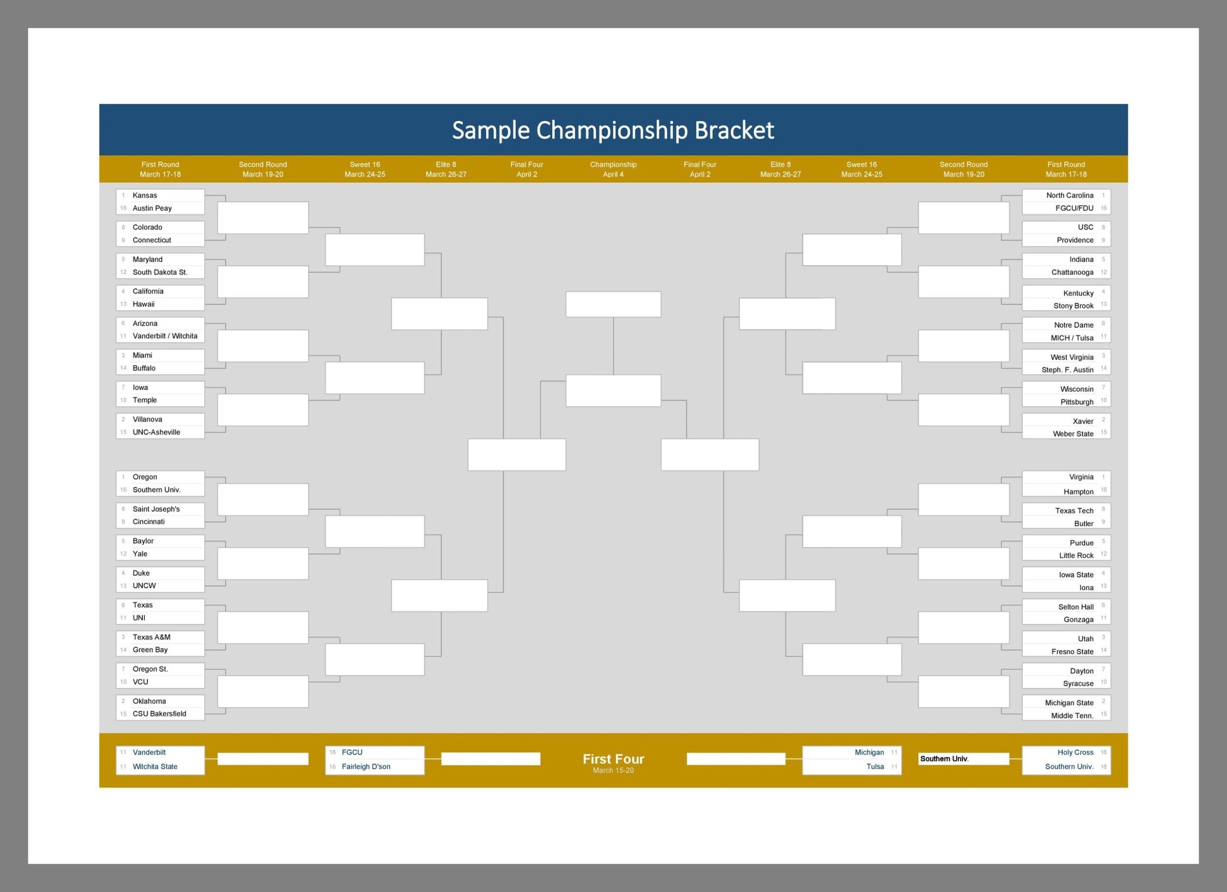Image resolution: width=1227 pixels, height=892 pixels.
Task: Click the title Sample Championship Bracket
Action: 613,130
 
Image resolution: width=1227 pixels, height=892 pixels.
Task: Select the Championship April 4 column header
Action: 613,169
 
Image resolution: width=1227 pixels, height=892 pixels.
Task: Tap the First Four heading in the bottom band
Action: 613,758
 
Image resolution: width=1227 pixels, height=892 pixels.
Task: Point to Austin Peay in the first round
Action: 152,208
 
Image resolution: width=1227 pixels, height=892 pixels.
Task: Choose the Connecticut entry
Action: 151,240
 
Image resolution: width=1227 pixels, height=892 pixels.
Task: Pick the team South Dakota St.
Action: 160,272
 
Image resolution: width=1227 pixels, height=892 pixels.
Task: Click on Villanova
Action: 147,419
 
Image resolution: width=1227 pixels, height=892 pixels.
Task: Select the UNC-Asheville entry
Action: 156,432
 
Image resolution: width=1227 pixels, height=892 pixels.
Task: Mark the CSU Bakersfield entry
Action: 159,714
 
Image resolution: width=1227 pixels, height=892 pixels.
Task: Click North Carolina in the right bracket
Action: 1070,195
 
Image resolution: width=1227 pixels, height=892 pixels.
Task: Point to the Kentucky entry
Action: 1078,293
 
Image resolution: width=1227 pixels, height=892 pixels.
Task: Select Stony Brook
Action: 1073,306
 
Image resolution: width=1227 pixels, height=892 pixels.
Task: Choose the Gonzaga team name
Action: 1078,619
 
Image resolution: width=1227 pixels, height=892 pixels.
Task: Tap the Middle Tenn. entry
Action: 1072,716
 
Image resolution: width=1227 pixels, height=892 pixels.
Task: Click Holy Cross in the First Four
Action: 1076,752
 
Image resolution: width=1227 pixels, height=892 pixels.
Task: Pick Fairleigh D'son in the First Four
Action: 366,766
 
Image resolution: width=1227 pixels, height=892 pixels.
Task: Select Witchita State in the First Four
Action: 155,766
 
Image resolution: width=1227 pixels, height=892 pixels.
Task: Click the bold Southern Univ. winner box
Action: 963,759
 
